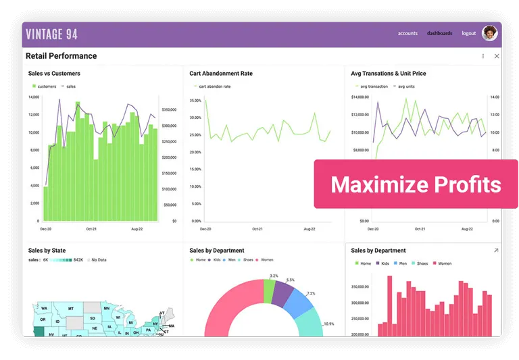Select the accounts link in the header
point(407,33)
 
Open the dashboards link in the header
point(439,33)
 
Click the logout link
point(468,33)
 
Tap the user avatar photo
point(489,33)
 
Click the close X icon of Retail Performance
point(497,56)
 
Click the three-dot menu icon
point(483,56)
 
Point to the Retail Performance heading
point(61,56)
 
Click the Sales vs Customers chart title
point(54,74)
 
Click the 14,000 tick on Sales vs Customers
point(34,97)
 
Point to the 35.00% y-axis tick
point(195,101)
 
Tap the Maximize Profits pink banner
point(416,184)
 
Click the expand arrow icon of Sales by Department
point(496,251)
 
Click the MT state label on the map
point(70,309)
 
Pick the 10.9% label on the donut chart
point(328,324)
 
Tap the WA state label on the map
point(44,309)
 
